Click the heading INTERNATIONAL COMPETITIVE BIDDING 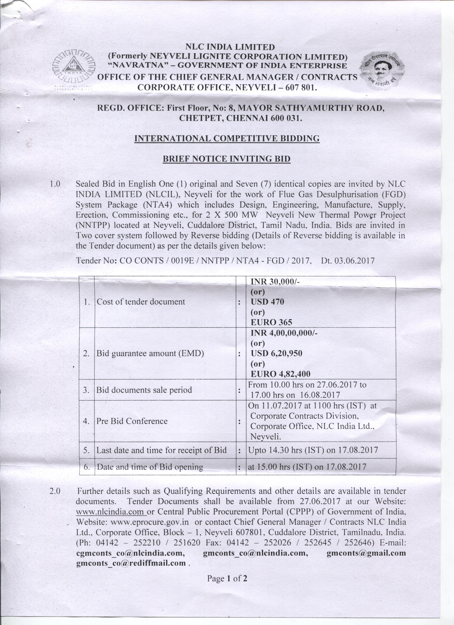pos(227,138)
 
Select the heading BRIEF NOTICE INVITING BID pos(226,159)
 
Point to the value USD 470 pos(267,302)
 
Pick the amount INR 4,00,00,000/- pos(284,333)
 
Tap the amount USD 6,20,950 pos(276,354)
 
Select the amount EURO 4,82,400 pos(280,374)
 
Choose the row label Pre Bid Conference pos(132,421)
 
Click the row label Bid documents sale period pos(144,390)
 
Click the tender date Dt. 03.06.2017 pos(348,261)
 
